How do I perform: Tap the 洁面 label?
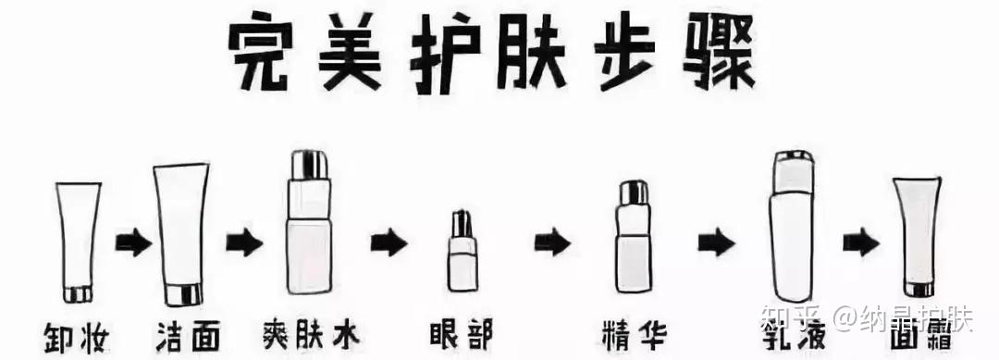(189, 335)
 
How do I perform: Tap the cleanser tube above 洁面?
(181, 234)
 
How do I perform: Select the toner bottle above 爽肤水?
(309, 222)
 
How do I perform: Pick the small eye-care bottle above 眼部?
(462, 251)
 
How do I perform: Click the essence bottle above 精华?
(633, 236)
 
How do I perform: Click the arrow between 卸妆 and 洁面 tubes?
(133, 243)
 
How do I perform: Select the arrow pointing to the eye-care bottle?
(388, 242)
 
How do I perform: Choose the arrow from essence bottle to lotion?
(716, 242)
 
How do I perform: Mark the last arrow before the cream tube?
(861, 243)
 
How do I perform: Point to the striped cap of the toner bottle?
(309, 165)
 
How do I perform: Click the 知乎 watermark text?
(794, 318)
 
